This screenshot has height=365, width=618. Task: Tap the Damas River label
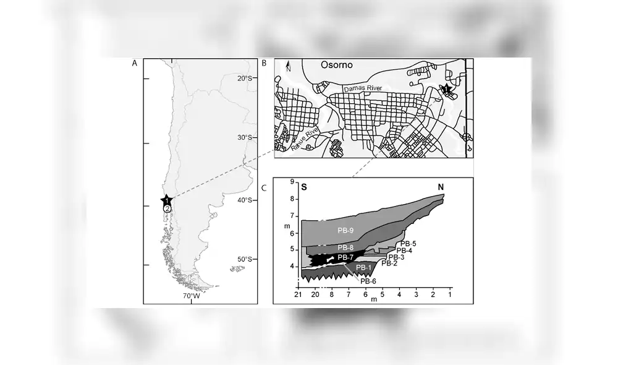pos(363,89)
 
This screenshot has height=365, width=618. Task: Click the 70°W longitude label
pos(190,296)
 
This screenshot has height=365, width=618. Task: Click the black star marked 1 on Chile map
pos(167,200)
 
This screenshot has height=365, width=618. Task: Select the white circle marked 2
pos(167,209)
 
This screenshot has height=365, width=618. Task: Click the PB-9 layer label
pos(345,231)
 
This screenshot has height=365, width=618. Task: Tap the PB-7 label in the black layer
pos(346,257)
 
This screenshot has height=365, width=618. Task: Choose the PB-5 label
pos(408,244)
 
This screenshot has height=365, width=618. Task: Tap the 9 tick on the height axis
pos(292,182)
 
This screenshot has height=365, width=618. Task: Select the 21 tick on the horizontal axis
pos(298,295)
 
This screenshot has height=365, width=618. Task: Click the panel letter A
pos(134,63)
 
